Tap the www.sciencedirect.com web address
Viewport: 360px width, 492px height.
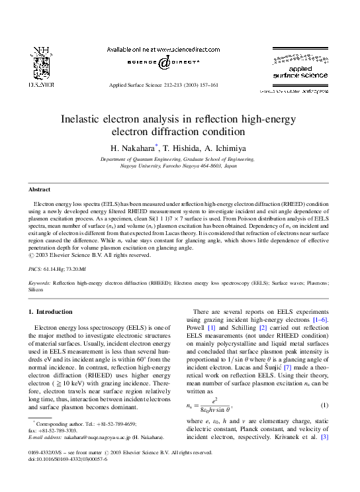point(171,49)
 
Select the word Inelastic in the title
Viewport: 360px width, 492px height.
point(119,120)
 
